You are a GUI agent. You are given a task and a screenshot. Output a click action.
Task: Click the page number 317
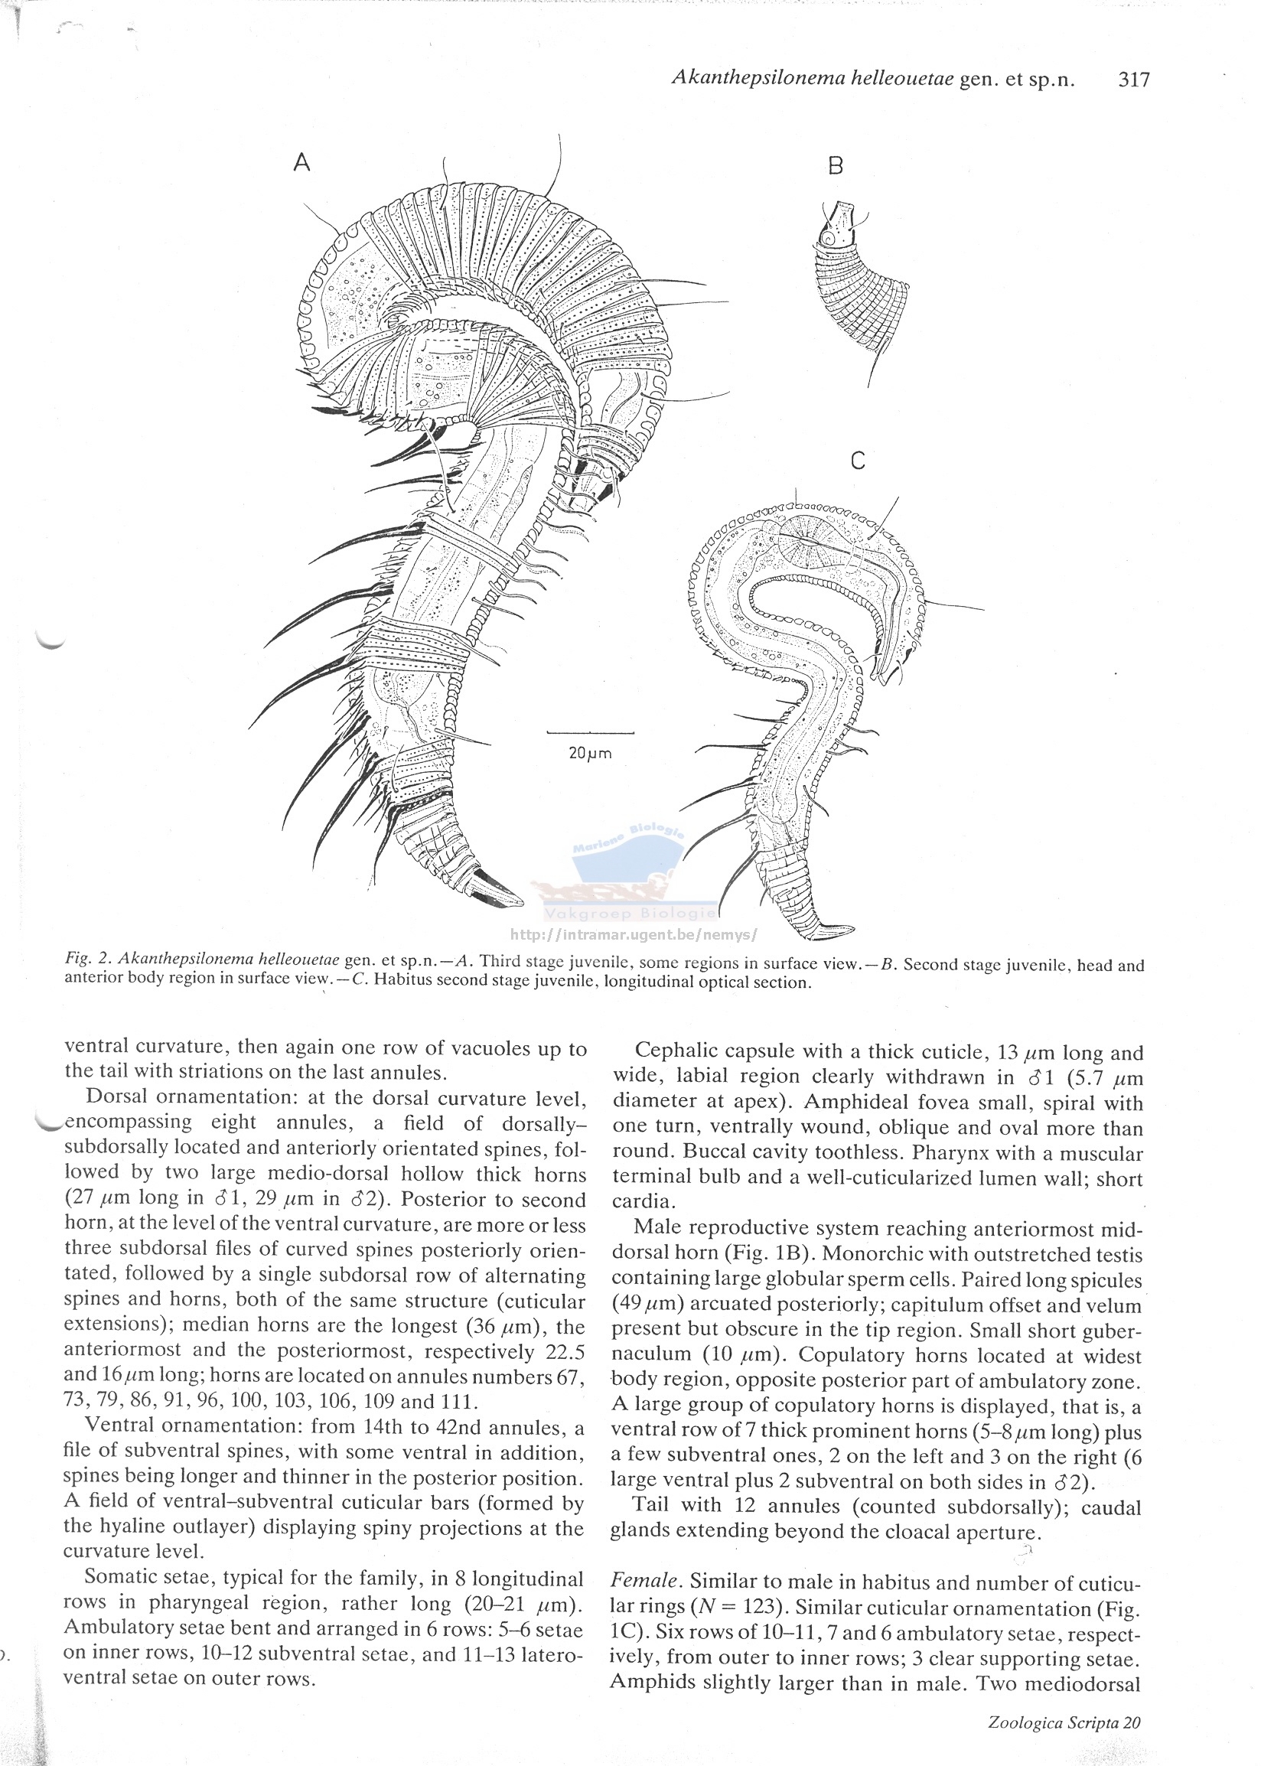pyautogui.click(x=1133, y=80)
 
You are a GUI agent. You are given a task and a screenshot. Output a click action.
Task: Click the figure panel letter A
pyautogui.click(x=302, y=162)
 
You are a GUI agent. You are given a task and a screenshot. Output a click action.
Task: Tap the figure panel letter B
pyautogui.click(x=836, y=165)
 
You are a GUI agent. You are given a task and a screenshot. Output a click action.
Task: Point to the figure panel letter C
pyautogui.click(x=858, y=461)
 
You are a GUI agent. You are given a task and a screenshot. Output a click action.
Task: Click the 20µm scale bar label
pyautogui.click(x=589, y=754)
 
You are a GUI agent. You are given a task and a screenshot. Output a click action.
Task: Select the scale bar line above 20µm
pyautogui.click(x=590, y=733)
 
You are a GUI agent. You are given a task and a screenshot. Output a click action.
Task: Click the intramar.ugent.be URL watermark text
pyautogui.click(x=632, y=934)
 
